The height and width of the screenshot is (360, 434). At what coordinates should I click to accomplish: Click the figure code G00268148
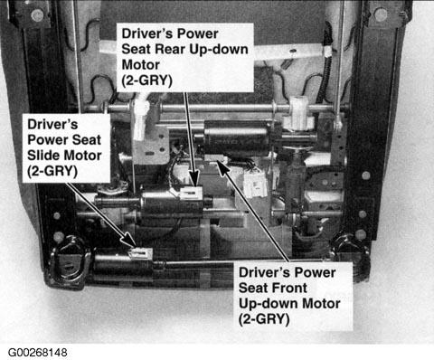(37, 353)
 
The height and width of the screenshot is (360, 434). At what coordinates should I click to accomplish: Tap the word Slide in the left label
(42, 156)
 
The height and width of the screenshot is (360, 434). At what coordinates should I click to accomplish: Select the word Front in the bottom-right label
(288, 288)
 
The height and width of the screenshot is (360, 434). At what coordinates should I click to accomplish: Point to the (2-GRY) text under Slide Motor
(52, 171)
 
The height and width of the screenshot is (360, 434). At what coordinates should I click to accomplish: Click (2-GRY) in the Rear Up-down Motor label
(146, 81)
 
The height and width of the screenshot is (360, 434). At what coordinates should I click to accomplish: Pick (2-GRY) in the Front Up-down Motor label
(264, 319)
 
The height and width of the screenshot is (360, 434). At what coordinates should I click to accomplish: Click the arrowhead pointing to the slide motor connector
(129, 241)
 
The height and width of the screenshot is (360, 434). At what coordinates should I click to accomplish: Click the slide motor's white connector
(141, 252)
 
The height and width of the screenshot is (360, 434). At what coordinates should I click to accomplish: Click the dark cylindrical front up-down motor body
(237, 138)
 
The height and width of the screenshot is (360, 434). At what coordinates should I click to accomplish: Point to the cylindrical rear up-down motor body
(172, 203)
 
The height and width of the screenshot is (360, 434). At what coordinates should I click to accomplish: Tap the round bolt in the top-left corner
(37, 14)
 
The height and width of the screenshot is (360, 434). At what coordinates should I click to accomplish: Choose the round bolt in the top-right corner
(381, 14)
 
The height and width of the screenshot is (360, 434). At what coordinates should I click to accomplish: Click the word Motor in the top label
(140, 65)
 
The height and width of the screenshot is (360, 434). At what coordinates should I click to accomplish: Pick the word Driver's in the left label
(52, 124)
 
